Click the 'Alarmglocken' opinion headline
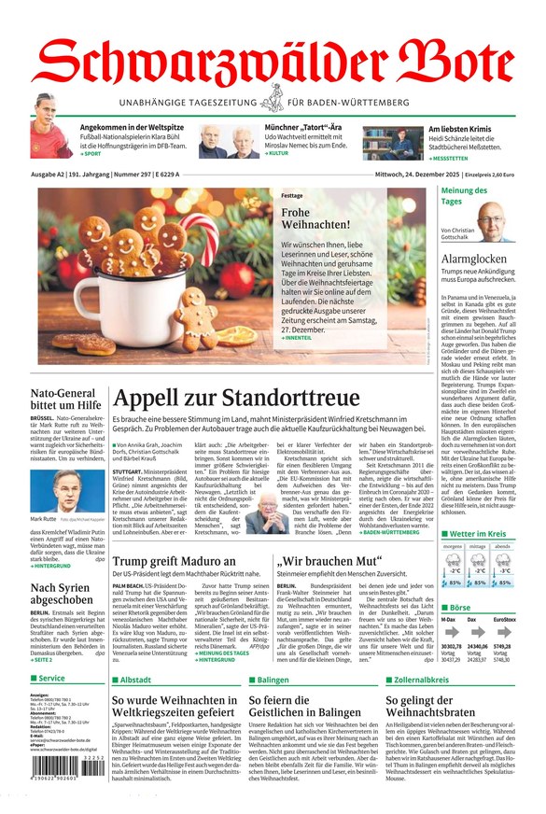[x=474, y=259]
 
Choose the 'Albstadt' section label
[x=134, y=680]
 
